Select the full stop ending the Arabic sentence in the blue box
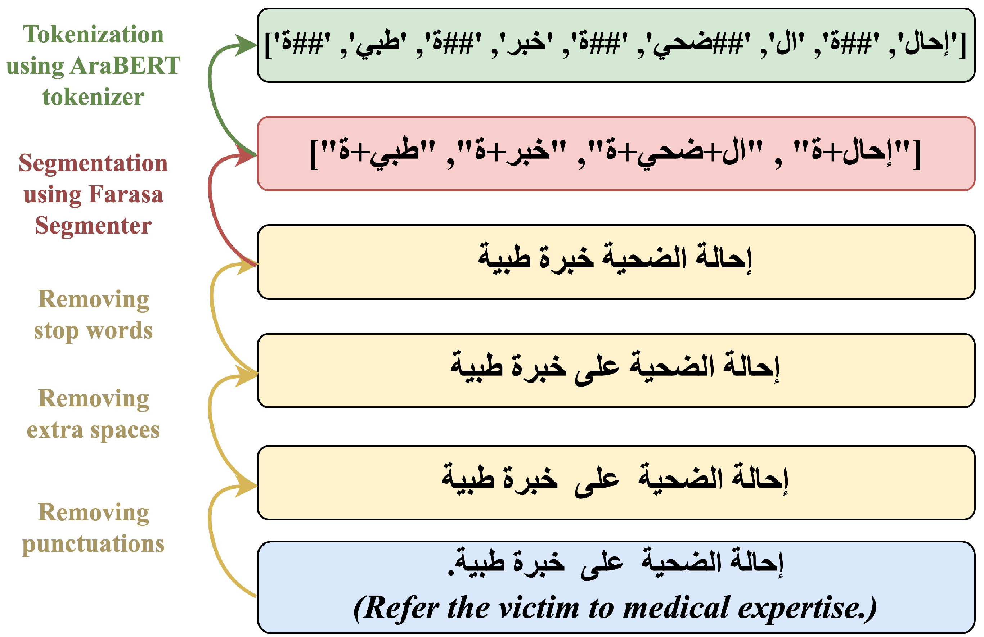451,573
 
